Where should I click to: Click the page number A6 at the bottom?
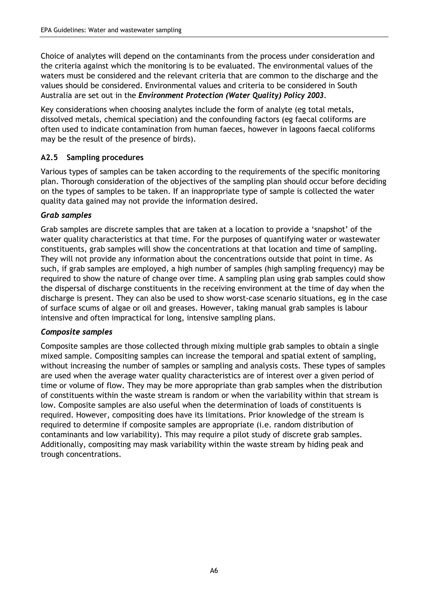(x=214, y=571)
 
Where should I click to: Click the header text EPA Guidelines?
(x=63, y=30)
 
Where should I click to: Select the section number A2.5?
(x=49, y=158)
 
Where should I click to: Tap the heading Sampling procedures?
(x=105, y=158)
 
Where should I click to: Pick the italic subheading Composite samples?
(x=76, y=332)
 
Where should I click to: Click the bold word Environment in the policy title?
(x=161, y=95)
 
